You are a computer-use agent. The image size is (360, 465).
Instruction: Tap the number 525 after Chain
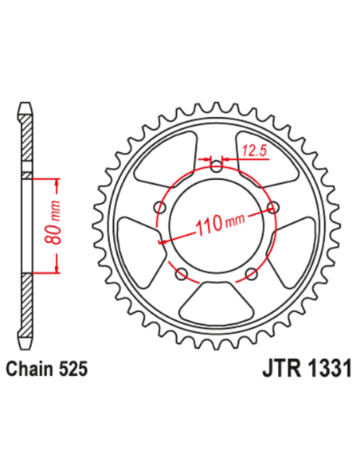tap(72, 370)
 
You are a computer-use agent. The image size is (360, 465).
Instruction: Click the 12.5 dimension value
tap(253, 150)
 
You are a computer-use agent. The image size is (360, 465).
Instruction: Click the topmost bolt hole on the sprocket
tap(217, 166)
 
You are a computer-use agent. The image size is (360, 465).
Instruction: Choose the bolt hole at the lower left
tap(181, 275)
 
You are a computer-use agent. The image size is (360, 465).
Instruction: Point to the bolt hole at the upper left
tap(159, 209)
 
